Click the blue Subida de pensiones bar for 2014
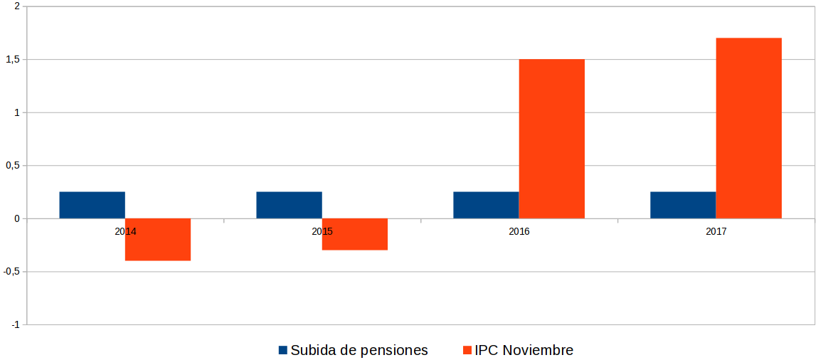[x=92, y=205]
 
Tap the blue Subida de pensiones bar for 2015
[x=289, y=205]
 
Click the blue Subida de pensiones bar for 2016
[x=486, y=205]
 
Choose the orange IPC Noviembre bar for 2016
[x=552, y=139]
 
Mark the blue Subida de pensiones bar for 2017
[x=683, y=205]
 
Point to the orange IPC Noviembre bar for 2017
[x=749, y=128]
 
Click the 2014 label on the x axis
[x=125, y=232]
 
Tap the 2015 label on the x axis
[x=322, y=232]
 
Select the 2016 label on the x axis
[x=519, y=232]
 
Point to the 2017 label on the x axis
[x=716, y=232]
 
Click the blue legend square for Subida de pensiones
[x=282, y=350]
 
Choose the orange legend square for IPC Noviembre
[x=467, y=350]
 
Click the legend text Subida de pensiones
[x=359, y=350]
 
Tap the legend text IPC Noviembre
[x=524, y=350]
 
